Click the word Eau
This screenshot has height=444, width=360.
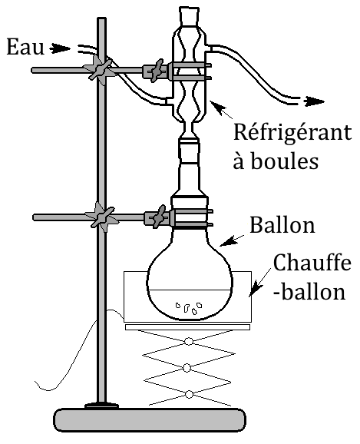(x=25, y=47)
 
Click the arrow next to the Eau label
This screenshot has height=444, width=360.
(x=60, y=48)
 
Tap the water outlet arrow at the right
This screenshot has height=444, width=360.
(x=314, y=101)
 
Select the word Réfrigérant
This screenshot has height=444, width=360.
(x=292, y=132)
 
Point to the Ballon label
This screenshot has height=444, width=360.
(x=282, y=225)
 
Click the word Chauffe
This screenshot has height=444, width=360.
(x=312, y=263)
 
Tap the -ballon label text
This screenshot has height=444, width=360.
(x=309, y=291)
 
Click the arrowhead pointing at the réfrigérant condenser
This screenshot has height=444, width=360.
(x=217, y=107)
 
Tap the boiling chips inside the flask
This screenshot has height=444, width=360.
(x=189, y=308)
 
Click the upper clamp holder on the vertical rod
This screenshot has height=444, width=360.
(x=100, y=70)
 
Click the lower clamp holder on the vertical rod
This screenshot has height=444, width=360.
(x=101, y=217)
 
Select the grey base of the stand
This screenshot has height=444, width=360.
(x=150, y=420)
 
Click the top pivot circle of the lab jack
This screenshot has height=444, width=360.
(x=189, y=341)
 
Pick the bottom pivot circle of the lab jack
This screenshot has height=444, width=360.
(x=189, y=394)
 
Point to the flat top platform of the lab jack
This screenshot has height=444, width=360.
(x=187, y=327)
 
